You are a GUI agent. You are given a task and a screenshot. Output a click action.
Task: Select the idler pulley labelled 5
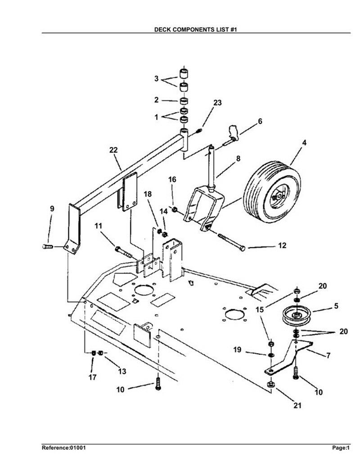(x=297, y=316)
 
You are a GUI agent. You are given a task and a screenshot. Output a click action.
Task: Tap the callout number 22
(x=113, y=150)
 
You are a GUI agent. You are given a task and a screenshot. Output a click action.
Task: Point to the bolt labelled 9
(x=48, y=246)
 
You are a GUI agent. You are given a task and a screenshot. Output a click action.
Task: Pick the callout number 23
(x=217, y=103)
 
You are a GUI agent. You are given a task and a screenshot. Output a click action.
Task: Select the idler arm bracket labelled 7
(x=288, y=356)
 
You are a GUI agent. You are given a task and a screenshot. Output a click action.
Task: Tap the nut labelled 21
(x=270, y=384)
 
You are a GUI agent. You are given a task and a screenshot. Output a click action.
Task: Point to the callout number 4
(x=304, y=143)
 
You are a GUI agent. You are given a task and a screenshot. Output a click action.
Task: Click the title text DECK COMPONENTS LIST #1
(x=196, y=29)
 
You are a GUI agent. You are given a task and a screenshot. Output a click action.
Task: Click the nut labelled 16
(x=175, y=210)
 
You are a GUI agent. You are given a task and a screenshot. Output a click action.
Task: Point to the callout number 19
(x=237, y=349)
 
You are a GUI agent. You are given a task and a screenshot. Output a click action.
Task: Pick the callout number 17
(x=92, y=377)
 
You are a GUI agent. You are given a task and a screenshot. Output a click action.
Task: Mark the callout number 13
(x=122, y=371)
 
